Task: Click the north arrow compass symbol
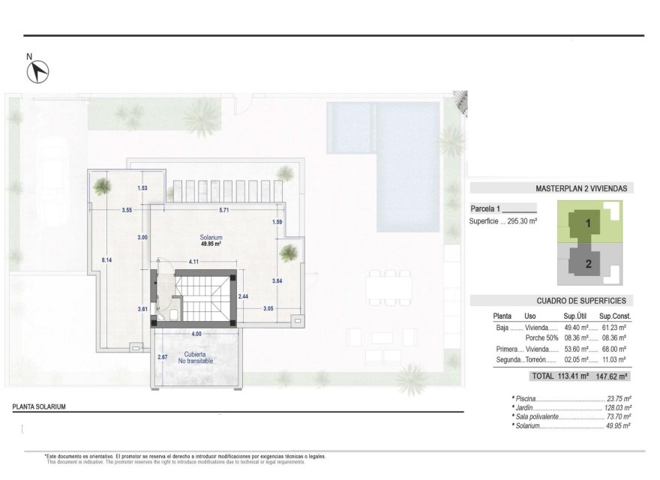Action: coord(38,71)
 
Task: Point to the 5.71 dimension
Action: coord(223,210)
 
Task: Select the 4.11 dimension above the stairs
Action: coord(193,262)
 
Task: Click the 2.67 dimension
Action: coord(162,357)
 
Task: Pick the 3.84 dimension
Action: coord(277,280)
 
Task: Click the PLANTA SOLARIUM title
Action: coord(39,406)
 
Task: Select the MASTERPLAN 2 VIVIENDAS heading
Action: coord(581,189)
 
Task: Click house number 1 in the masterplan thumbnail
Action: coord(589,223)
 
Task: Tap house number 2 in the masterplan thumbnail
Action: coord(589,263)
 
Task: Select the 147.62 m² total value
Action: coord(611,376)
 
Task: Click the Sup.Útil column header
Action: coord(574,316)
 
